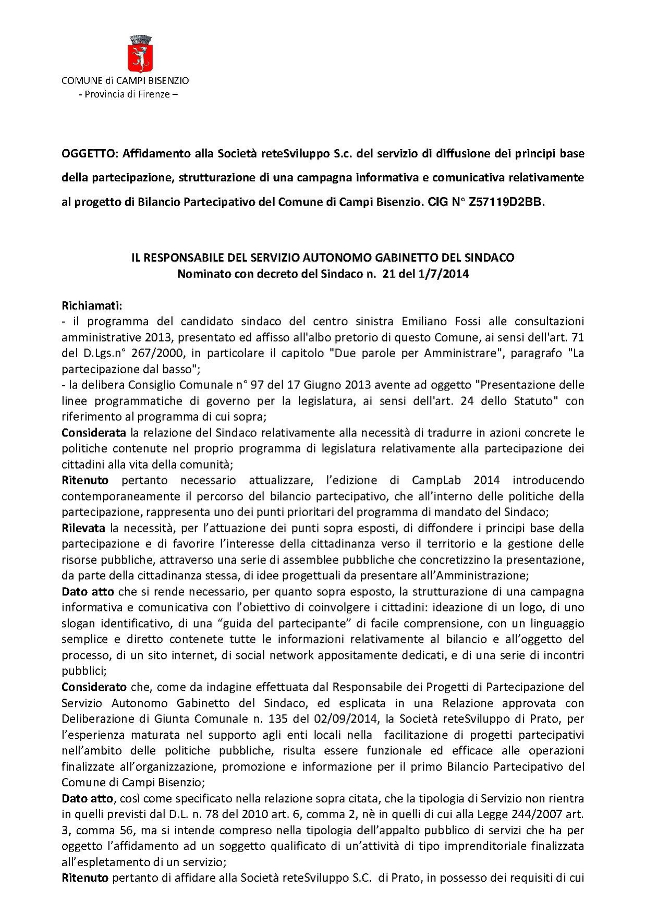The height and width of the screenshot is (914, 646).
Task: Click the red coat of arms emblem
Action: point(140,54)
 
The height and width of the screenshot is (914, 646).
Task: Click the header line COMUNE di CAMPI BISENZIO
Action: point(125,81)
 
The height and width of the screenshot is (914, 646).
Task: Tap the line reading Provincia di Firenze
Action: point(128,95)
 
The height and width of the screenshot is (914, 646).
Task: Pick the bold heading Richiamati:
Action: point(92,305)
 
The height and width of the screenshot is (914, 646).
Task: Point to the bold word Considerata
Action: point(94,433)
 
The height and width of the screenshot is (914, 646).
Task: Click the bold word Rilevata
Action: point(83,528)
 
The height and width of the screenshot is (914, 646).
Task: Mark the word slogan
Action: point(78,624)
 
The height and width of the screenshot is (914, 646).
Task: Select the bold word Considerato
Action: point(94,687)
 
